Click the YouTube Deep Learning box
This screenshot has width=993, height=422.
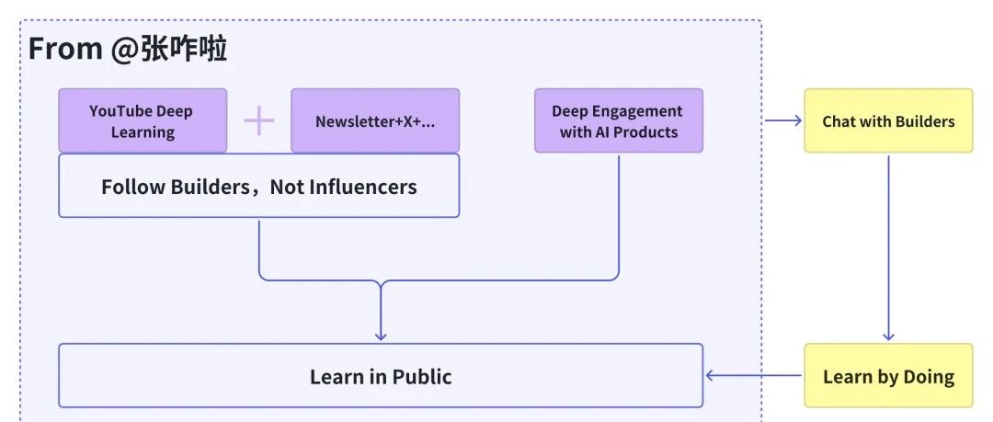point(143,120)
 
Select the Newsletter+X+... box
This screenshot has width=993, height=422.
point(375,120)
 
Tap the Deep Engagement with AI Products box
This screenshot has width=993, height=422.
point(619,120)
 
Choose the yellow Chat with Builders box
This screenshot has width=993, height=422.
point(888,120)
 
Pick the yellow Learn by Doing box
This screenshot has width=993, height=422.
point(888,375)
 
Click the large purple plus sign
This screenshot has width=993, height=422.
point(259,120)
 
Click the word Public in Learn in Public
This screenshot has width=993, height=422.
point(422,376)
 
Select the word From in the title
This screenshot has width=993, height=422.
point(65,49)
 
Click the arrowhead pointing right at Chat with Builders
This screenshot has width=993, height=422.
point(797,120)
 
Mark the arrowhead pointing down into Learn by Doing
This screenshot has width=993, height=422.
point(888,336)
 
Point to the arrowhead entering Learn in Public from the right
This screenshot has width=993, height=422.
point(711,376)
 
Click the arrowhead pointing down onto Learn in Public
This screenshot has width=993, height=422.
point(381,336)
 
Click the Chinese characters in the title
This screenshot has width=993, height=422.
point(184,49)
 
